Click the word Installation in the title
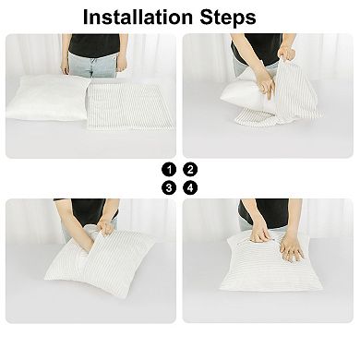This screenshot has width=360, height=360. point(138,18)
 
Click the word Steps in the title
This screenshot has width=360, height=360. point(228,18)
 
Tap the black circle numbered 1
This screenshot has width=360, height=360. point(169,170)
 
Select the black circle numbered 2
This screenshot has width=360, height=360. point(190,170)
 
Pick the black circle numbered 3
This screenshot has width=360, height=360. point(169,187)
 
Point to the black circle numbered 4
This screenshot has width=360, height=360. point(190,187)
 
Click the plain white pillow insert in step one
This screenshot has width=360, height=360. point(48,98)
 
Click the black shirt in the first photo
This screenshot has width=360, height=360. point(94,44)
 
